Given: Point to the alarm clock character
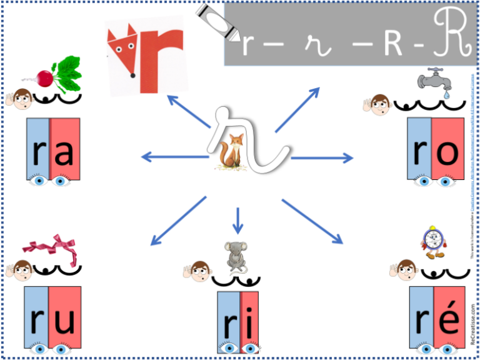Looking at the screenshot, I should coord(433,241).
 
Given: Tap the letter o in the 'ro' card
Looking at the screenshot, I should coord(447,152).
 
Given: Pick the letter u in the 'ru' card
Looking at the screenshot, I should coord(64,320).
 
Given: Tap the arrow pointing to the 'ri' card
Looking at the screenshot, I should coord(237,220).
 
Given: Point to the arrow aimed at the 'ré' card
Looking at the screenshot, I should coord(312,221).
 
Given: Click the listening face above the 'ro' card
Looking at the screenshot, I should coord(378,103).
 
